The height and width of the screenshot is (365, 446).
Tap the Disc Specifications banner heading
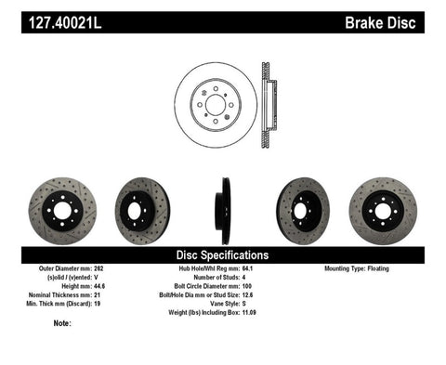(223, 254)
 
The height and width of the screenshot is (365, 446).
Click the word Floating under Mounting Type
(395, 268)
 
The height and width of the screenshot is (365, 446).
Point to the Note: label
(63, 323)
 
